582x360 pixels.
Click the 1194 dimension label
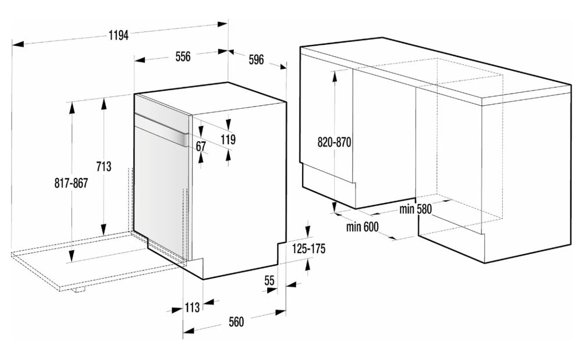119,35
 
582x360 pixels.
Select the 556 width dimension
183,57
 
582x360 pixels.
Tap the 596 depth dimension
256,60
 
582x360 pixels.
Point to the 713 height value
104,166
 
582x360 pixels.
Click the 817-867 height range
71,183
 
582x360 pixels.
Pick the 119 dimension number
228,140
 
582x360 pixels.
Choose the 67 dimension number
201,147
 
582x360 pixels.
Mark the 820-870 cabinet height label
335,142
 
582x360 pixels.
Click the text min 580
416,209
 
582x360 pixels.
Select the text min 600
362,227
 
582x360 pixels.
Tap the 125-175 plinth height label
308,248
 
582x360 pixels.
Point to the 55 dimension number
269,281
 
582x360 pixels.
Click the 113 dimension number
192,307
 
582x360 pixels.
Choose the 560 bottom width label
236,322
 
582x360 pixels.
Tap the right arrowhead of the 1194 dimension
222,24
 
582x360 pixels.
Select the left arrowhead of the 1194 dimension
17,44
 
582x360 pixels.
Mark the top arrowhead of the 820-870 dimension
335,76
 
